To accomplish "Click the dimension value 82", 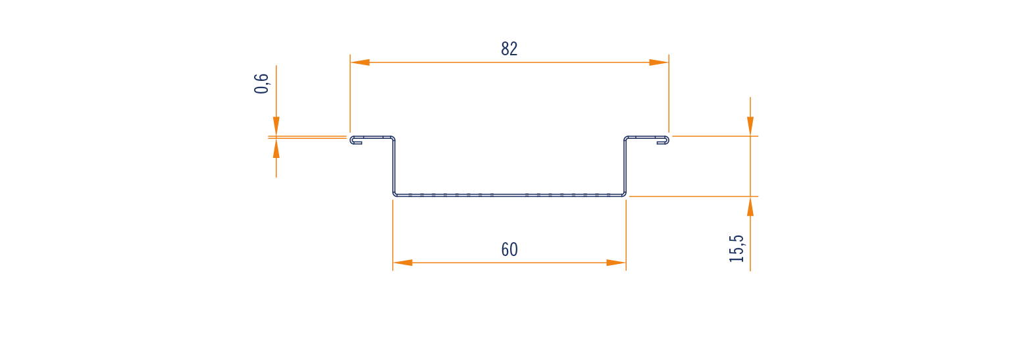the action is point(509,49).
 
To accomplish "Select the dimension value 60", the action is point(509,249).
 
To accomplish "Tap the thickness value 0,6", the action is point(262,84).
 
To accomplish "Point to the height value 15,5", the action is point(737,249).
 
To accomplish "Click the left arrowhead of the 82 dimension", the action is point(360,63).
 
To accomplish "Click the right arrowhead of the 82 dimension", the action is point(659,63).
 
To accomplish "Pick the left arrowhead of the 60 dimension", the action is point(403,263).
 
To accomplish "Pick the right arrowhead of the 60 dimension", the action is point(616,263).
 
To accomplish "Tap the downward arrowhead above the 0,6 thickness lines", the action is point(276,126).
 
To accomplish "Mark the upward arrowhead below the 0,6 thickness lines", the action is point(276,148).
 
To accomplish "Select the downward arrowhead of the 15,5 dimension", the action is point(750,126).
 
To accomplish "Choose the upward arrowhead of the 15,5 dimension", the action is point(750,207).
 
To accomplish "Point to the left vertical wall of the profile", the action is point(394,166).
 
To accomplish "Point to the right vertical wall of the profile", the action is point(625,166).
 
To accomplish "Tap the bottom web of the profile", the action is point(509,195).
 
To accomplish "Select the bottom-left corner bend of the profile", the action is point(394,194).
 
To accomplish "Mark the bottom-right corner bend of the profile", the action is point(625,194).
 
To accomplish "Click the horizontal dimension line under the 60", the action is point(509,263).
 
